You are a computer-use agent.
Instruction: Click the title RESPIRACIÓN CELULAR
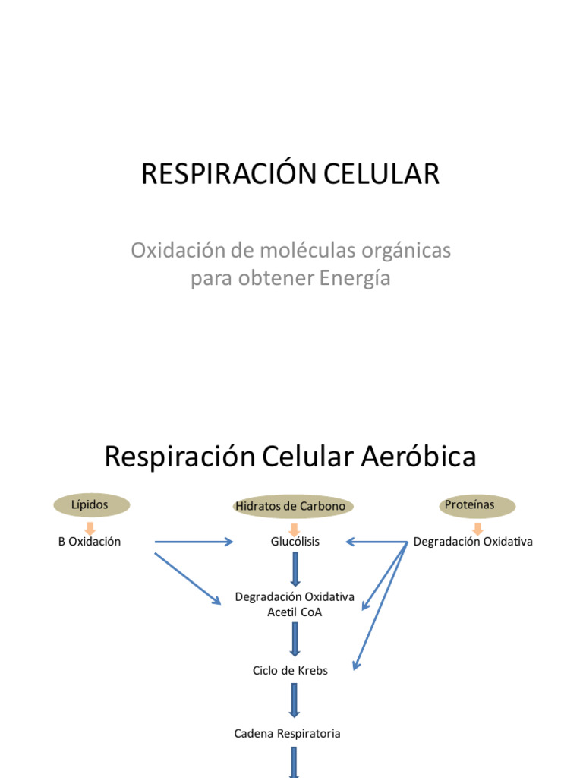pyautogui.click(x=291, y=174)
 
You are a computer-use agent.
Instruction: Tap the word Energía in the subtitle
pyautogui.click(x=355, y=279)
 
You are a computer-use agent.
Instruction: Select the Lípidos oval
pyautogui.click(x=90, y=504)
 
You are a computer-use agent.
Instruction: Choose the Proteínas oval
pyautogui.click(x=469, y=504)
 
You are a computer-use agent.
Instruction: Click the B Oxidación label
pyautogui.click(x=90, y=542)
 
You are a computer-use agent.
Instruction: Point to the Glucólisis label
pyautogui.click(x=295, y=542)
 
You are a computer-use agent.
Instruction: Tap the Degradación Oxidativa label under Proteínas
pyautogui.click(x=473, y=542)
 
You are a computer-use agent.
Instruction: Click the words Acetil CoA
pyautogui.click(x=295, y=612)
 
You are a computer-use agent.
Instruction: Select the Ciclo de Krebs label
pyautogui.click(x=290, y=671)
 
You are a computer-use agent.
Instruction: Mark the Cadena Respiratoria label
pyautogui.click(x=287, y=733)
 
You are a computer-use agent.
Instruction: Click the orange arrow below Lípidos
pyautogui.click(x=90, y=527)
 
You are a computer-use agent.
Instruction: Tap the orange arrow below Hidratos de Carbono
pyautogui.click(x=295, y=528)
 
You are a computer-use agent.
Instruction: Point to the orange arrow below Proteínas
pyautogui.click(x=477, y=527)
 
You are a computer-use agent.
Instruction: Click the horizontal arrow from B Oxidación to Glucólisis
pyautogui.click(x=193, y=542)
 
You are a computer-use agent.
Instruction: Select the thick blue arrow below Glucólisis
pyautogui.click(x=295, y=568)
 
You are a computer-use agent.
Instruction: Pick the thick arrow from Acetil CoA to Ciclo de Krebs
pyautogui.click(x=295, y=640)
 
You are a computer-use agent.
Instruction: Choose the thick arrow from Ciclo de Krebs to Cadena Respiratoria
pyautogui.click(x=295, y=701)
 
